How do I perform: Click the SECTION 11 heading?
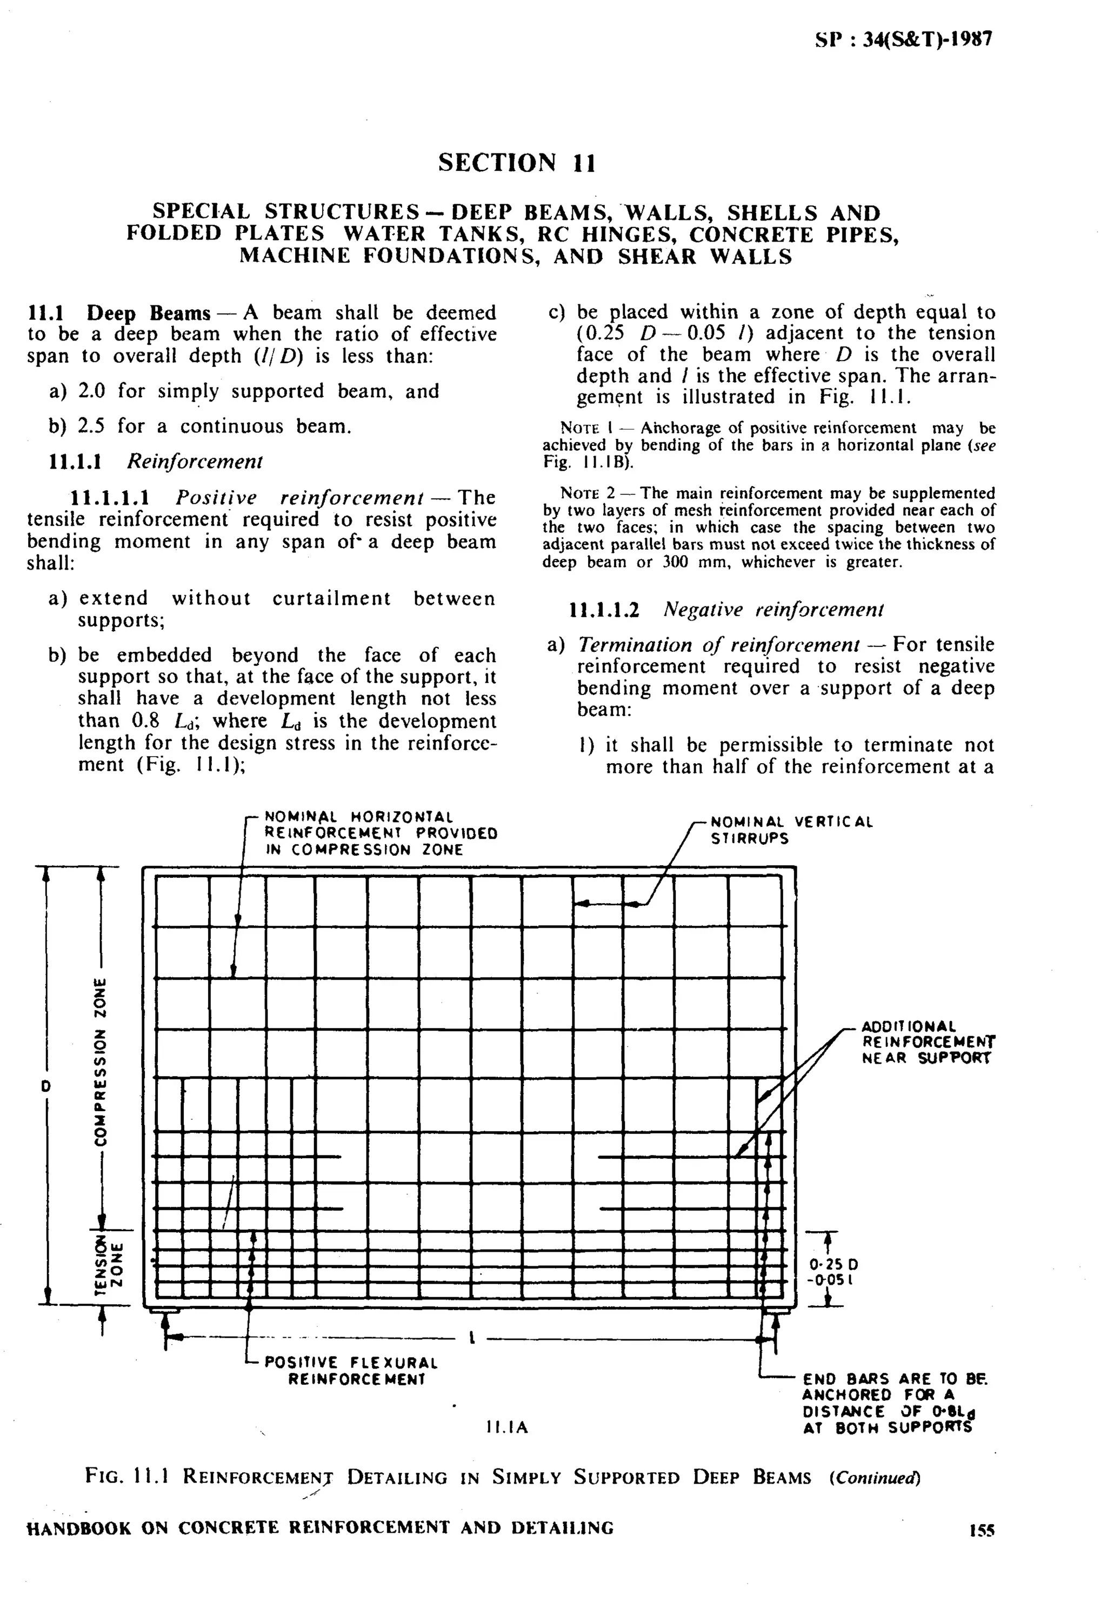click(517, 163)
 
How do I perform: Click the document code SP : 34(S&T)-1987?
click(904, 39)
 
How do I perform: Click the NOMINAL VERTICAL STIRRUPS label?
click(791, 830)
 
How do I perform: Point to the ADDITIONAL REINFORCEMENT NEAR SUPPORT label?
click(928, 1041)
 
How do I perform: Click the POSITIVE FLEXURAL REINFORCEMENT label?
click(351, 1371)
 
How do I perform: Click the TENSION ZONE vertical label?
click(109, 1265)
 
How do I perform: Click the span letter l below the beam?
click(472, 1337)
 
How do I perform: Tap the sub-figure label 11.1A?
click(507, 1427)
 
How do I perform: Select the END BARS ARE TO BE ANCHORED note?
click(893, 1403)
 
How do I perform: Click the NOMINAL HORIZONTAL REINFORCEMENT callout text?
click(381, 832)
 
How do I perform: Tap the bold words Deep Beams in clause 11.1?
click(148, 313)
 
